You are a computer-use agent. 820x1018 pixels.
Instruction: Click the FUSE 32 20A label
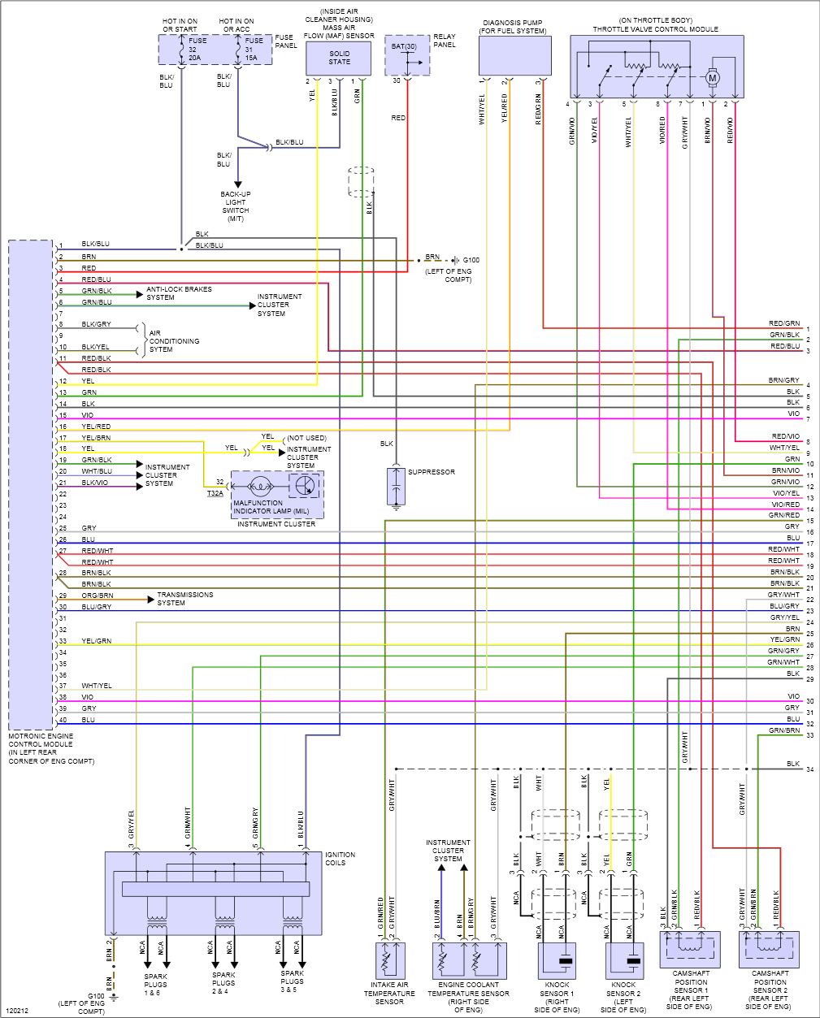point(197,50)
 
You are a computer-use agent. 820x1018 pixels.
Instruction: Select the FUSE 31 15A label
point(254,50)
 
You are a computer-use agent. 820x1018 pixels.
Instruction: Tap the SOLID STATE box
point(339,58)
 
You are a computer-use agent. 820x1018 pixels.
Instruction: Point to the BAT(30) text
point(404,47)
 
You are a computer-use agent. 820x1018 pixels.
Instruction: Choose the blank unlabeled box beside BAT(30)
point(514,56)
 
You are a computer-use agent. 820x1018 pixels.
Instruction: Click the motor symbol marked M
point(712,78)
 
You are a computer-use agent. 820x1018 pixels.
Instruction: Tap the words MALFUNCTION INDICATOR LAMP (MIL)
point(271,507)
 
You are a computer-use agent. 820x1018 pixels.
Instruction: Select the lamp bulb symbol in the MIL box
point(260,487)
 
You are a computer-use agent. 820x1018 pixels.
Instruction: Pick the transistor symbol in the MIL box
point(305,486)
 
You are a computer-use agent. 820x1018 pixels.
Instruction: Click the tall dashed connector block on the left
point(31,485)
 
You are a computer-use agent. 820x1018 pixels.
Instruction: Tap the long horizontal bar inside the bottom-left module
point(215,889)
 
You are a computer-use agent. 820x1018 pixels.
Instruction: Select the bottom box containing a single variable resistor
point(390,961)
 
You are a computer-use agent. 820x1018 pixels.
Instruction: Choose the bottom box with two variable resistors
point(469,961)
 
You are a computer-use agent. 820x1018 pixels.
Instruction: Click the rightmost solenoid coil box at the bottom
point(769,949)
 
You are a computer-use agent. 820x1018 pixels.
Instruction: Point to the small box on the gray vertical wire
point(396,486)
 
